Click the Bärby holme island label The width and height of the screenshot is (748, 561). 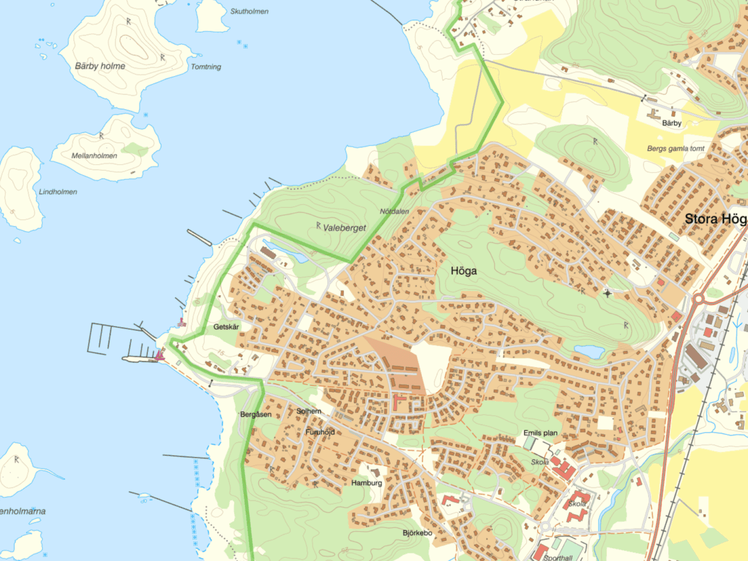click(x=100, y=66)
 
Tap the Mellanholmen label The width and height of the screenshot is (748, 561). click(x=94, y=155)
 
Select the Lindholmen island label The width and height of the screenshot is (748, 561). click(x=58, y=192)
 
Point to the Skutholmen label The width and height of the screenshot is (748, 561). click(x=250, y=11)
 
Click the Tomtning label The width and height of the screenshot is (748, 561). click(x=206, y=67)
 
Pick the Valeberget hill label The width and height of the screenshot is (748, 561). click(x=344, y=228)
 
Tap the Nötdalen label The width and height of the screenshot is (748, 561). click(x=394, y=211)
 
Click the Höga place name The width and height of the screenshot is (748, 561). click(x=463, y=271)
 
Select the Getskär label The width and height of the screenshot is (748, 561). click(x=226, y=327)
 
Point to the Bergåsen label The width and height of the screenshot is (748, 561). click(x=255, y=414)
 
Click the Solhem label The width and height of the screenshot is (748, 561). click(x=309, y=411)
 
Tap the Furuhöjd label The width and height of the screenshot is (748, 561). click(x=320, y=432)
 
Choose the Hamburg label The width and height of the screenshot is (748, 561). click(x=366, y=483)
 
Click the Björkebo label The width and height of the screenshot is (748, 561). click(x=417, y=533)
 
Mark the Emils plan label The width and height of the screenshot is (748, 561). click(x=540, y=433)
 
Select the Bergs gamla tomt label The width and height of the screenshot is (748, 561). click(x=676, y=148)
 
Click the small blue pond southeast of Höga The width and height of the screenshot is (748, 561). click(x=589, y=351)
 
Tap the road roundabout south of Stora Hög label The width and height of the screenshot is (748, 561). click(x=698, y=300)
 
